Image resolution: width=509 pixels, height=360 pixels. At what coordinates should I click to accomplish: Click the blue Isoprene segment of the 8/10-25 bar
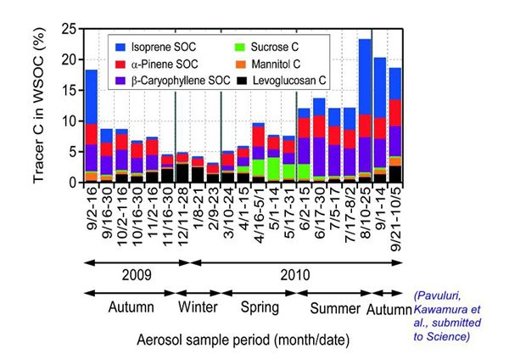[366, 76]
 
